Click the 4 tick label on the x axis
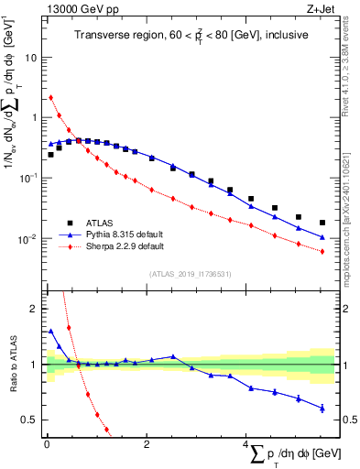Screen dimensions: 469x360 pos(245,444)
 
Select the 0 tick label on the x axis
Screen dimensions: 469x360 pos(46,444)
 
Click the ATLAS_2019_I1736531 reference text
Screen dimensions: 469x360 pos(191,272)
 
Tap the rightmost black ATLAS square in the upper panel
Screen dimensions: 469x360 pos(322,223)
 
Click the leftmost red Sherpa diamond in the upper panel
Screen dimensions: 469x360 pos(50,97)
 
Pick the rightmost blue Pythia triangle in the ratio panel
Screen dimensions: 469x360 pos(322,408)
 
